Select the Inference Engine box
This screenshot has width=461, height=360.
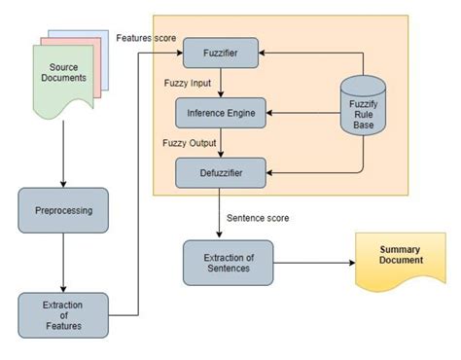[x=221, y=114]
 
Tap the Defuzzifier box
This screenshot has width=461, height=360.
[x=221, y=173]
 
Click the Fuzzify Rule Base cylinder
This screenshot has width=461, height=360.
[x=366, y=109]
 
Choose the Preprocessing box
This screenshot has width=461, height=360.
[x=63, y=210]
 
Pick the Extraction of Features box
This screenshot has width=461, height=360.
[x=63, y=313]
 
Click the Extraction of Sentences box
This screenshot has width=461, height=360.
[x=229, y=262]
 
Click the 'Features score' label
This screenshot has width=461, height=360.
[x=146, y=37]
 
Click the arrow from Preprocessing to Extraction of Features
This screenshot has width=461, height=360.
[x=63, y=263]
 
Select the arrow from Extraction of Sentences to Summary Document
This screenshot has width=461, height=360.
[x=311, y=262]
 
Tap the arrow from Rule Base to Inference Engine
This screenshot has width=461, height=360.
[x=301, y=114]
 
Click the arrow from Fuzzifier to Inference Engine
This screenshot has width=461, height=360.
[x=222, y=84]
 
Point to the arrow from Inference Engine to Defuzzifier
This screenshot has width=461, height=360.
[x=222, y=144]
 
